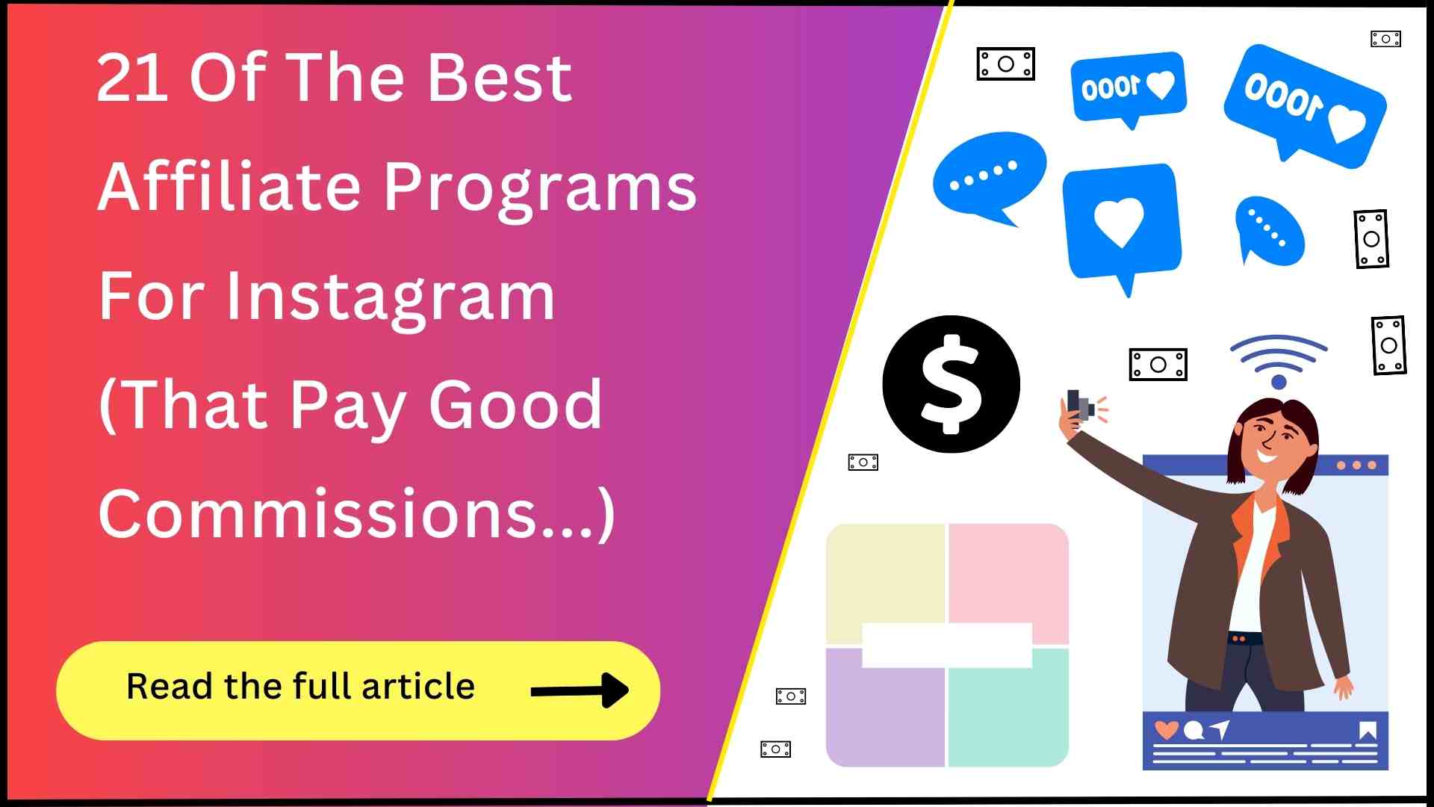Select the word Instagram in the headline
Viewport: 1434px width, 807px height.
(390, 297)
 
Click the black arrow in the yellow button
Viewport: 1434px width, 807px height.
(580, 690)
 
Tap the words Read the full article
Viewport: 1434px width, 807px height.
(300, 686)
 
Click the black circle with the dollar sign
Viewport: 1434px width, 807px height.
(951, 384)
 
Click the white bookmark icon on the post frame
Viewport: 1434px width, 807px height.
(1368, 730)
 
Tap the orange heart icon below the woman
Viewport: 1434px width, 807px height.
(1166, 729)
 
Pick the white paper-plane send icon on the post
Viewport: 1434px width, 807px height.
(1220, 729)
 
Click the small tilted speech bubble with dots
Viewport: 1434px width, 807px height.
(1269, 231)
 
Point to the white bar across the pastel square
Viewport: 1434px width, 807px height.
(947, 645)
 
